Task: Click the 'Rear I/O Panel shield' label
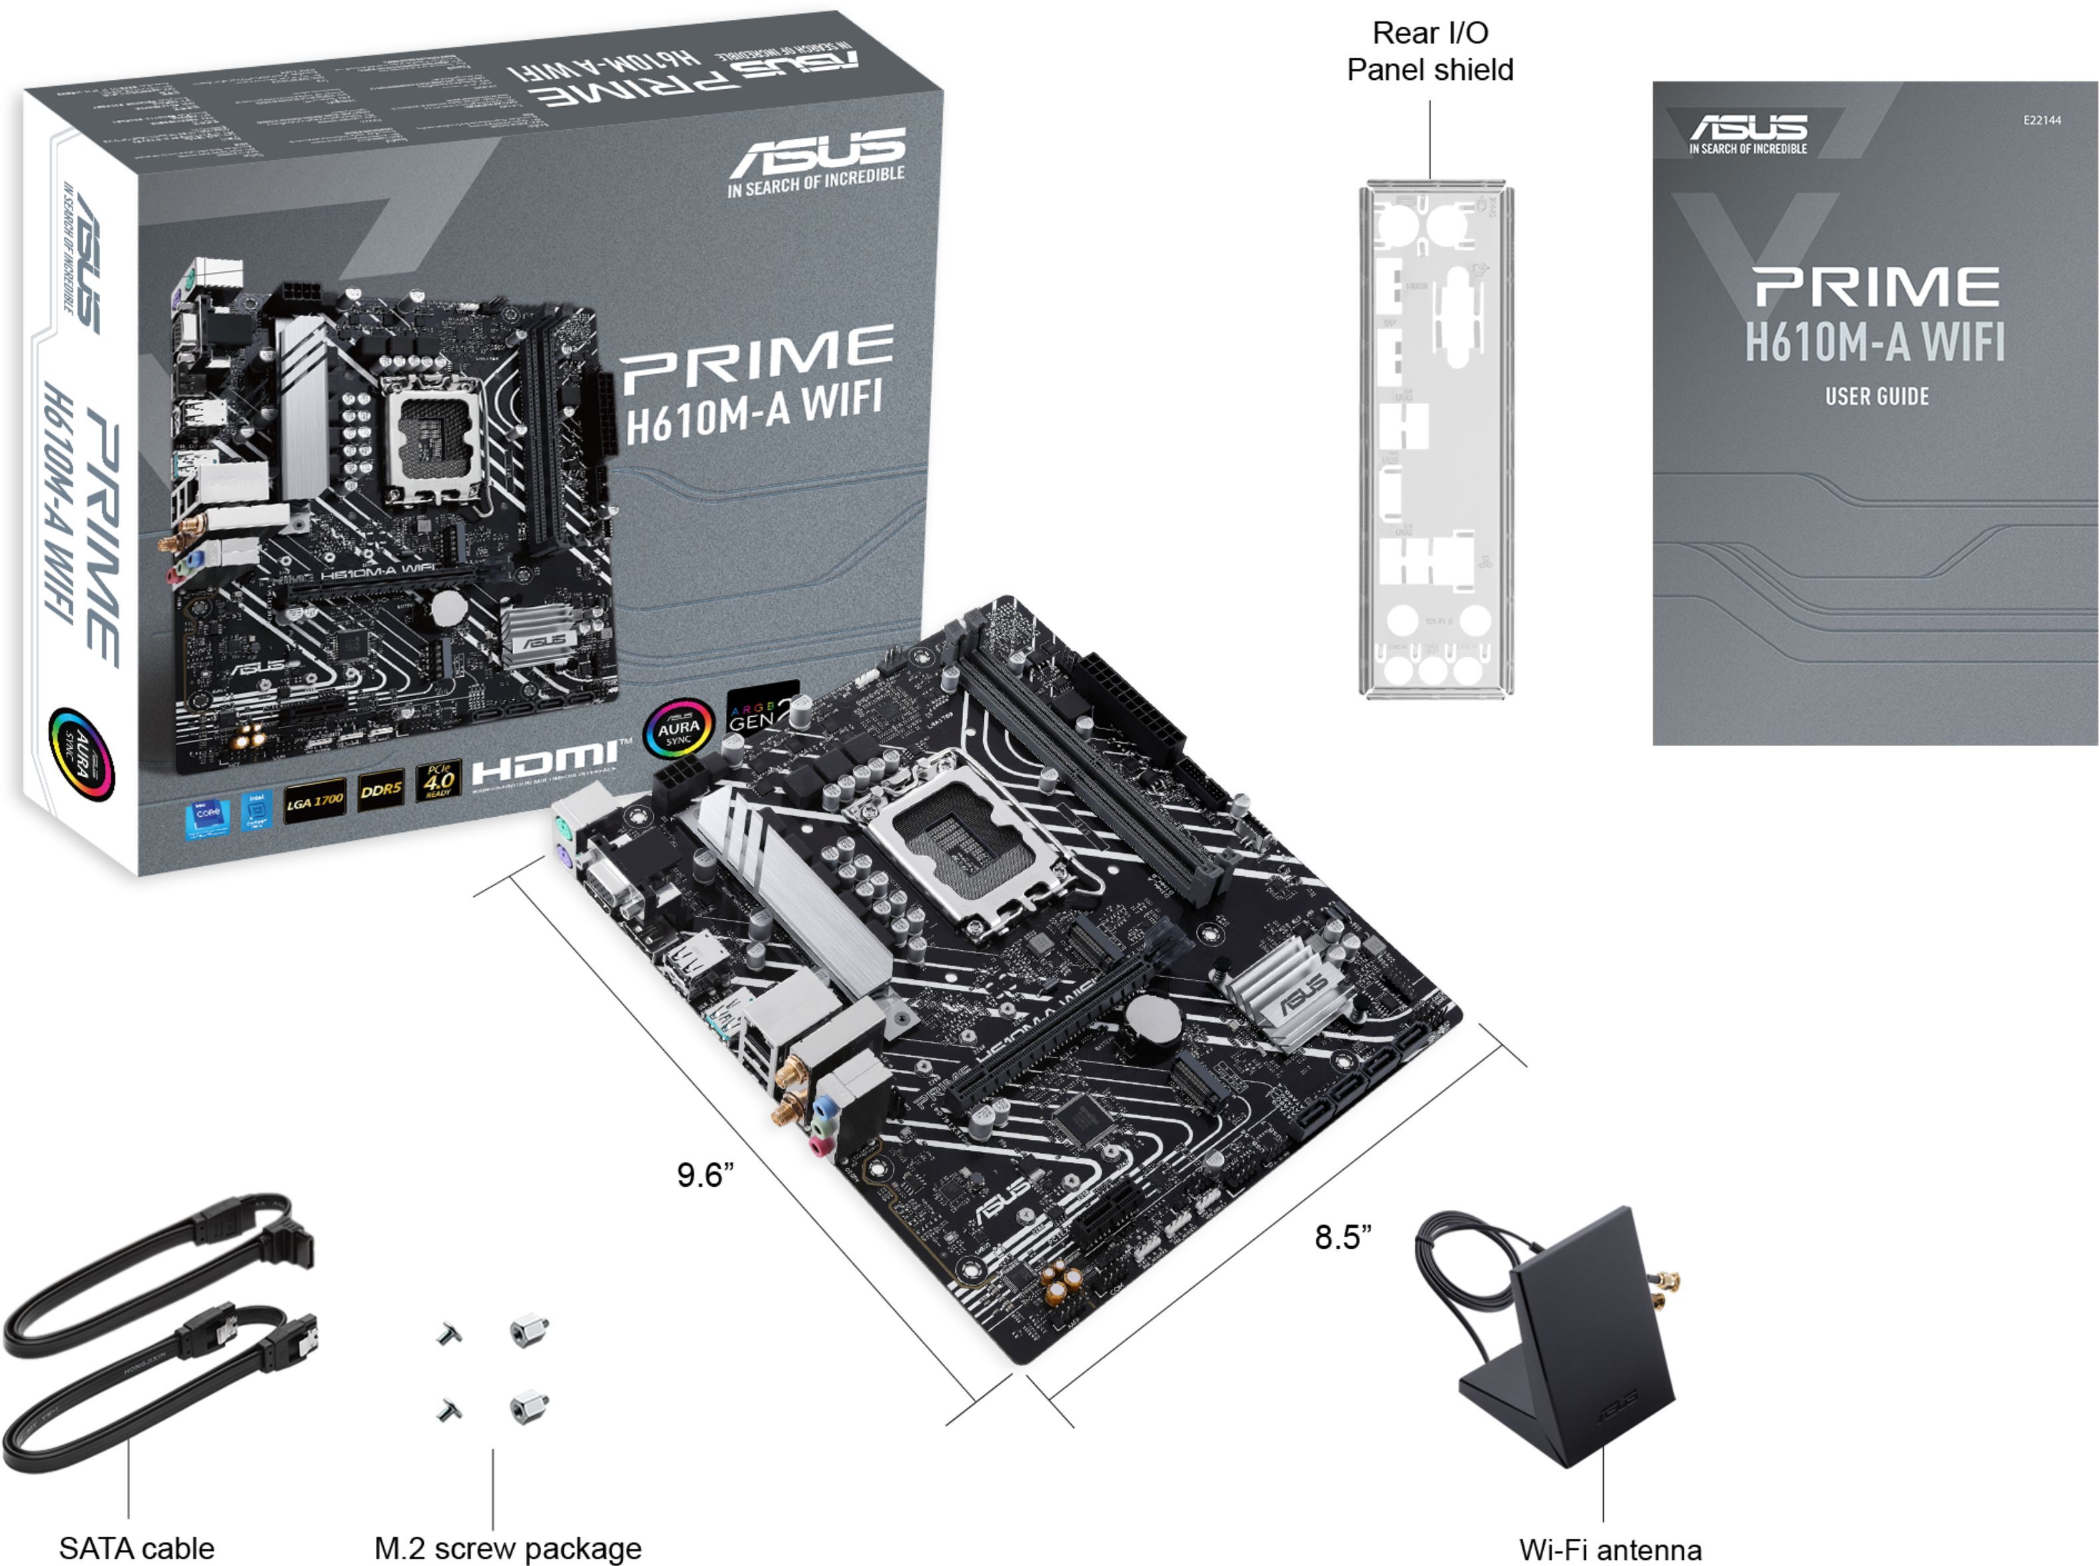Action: (1430, 51)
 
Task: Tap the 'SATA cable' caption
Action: (137, 1548)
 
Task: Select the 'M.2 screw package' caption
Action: (508, 1548)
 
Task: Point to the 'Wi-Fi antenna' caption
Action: (1610, 1549)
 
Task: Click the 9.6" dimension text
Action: (705, 1175)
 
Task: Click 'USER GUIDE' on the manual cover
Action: (1876, 396)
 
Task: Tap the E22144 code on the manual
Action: (2041, 121)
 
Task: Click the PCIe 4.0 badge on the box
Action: (438, 780)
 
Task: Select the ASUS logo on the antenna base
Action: (1616, 1406)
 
